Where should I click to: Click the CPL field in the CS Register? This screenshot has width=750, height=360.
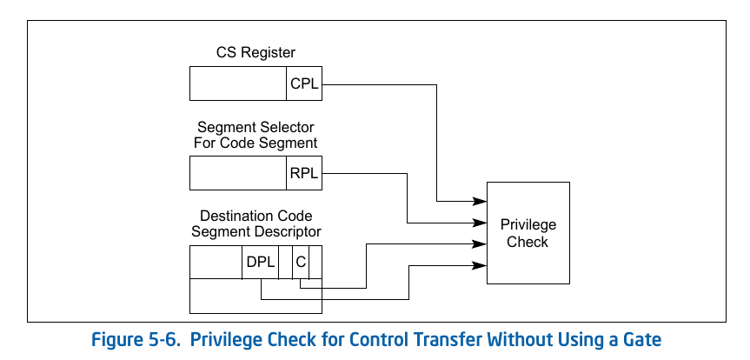304,84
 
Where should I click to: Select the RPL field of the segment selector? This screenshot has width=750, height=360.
304,173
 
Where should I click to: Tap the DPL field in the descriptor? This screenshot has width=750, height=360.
260,262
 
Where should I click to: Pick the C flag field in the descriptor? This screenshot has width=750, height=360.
300,262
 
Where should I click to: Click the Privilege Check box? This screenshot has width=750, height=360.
528,232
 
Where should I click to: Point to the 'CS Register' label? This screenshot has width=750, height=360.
256,53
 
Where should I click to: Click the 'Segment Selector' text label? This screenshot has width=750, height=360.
256,127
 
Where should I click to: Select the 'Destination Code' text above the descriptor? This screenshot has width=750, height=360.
256,216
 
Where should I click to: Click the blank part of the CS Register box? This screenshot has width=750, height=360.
238,84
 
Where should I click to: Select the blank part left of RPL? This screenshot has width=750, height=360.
238,173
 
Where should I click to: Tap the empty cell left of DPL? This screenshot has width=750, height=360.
216,262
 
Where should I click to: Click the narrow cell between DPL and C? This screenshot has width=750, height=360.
285,262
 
